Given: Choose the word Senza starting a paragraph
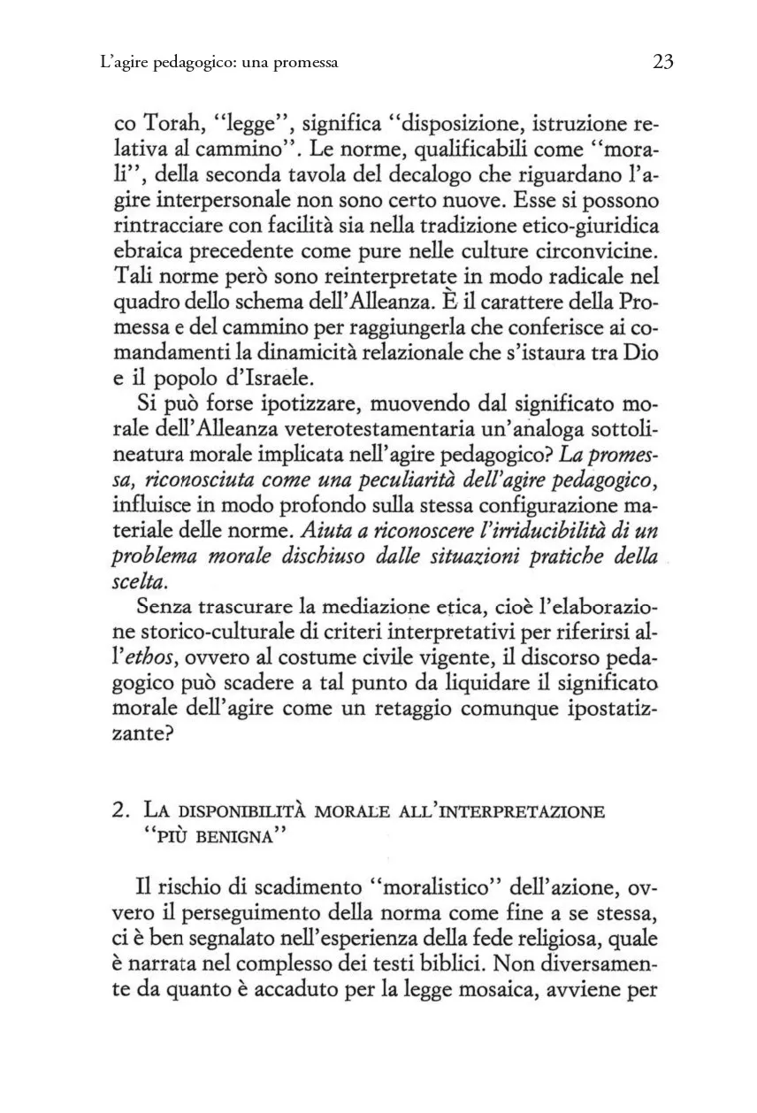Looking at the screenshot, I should coord(171,609).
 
